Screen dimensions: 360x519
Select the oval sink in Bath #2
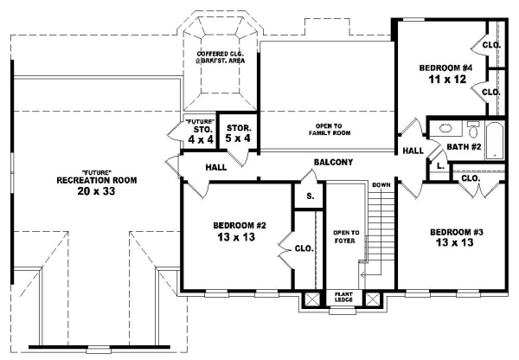tap(445, 129)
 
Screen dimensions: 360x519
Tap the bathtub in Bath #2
tap(496, 139)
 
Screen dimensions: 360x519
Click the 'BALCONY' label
tap(332, 162)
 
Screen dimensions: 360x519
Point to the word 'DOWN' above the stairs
tap(381, 185)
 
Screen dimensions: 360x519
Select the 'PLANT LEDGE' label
tap(343, 297)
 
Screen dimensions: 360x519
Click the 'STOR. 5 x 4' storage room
tap(233, 132)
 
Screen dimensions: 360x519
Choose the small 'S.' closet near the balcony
tap(309, 196)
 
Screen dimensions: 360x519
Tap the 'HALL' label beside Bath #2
tap(412, 151)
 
